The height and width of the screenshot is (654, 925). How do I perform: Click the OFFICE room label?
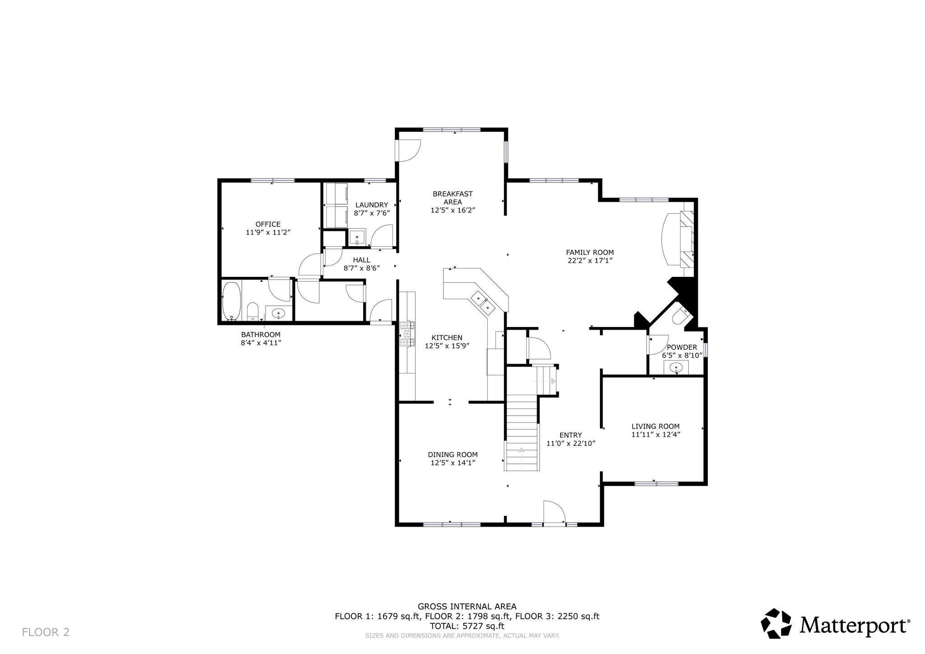point(268,224)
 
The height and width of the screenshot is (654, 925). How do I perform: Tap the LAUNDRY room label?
point(371,205)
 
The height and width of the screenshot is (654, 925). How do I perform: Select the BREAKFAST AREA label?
point(453,198)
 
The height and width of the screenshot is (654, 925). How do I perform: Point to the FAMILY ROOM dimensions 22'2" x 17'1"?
point(589,261)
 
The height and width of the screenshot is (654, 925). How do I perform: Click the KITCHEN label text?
point(447,337)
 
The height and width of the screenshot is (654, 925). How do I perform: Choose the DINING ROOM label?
point(453,454)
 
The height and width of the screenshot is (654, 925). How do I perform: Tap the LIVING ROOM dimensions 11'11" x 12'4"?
point(656,434)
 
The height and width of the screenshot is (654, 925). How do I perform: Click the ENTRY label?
point(570,435)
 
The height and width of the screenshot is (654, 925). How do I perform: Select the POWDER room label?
point(682,347)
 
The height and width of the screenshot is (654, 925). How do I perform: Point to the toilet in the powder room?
point(681,315)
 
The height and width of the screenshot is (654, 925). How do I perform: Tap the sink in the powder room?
point(676,367)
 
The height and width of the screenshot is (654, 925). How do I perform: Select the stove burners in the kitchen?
point(407,334)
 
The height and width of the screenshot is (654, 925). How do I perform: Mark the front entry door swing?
point(554,512)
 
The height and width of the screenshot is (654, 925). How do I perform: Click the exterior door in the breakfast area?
point(408,150)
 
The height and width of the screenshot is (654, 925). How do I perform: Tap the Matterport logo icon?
point(776,623)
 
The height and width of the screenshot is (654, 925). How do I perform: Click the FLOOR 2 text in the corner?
point(46,632)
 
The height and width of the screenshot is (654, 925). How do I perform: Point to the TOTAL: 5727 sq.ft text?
point(467,626)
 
